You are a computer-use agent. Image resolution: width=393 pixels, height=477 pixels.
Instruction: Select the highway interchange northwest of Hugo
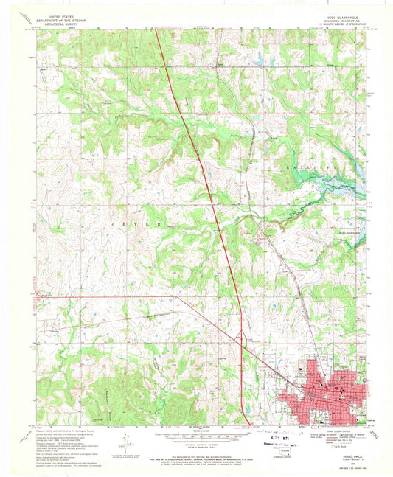(x=243, y=339)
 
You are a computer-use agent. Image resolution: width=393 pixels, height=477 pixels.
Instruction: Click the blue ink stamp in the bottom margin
(x=277, y=438)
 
